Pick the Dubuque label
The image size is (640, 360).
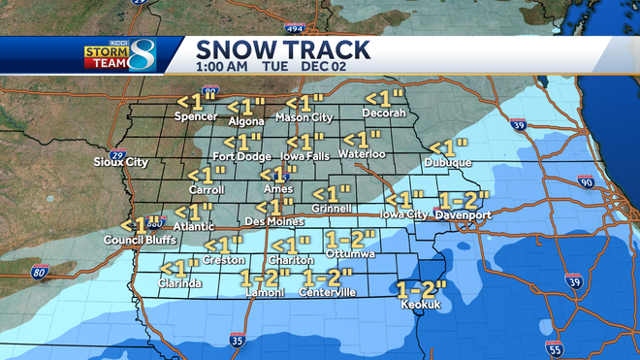tap(449, 163)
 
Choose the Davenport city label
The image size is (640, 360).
tap(463, 214)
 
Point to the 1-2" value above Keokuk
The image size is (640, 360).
tap(422, 288)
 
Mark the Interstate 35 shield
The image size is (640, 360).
tap(238, 341)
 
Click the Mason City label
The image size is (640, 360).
tap(304, 117)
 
